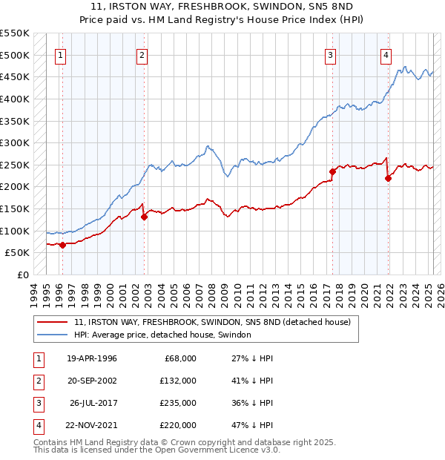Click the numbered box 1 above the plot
(x=59, y=54)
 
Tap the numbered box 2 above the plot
(x=141, y=54)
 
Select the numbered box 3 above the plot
(x=330, y=54)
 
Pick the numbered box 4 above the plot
(x=386, y=54)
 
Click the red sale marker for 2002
(x=145, y=217)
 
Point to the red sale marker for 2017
(x=333, y=171)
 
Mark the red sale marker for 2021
(x=388, y=178)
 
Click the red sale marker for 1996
(x=62, y=245)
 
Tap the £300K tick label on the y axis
(x=14, y=142)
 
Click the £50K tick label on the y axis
(x=17, y=252)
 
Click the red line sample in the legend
(x=52, y=323)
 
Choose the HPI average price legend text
(x=162, y=335)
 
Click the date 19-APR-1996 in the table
(x=92, y=358)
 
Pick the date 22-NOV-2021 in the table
(x=92, y=425)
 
